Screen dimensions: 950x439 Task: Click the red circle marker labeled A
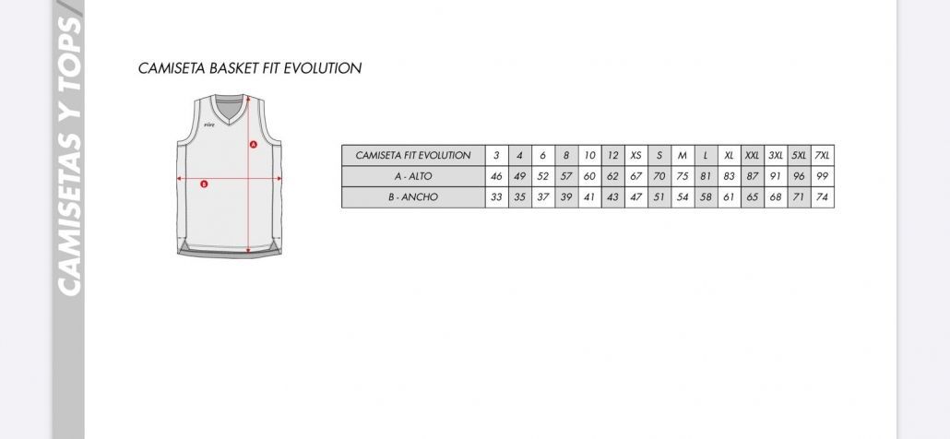pos(254,144)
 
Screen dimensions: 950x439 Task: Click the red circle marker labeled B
pos(204,184)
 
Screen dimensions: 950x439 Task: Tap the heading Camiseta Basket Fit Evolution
pos(250,68)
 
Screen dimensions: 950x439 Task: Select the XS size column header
pos(635,156)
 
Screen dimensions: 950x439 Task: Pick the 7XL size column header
pos(822,156)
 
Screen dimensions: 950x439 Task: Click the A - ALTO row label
pos(413,176)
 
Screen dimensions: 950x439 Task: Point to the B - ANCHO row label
pos(413,197)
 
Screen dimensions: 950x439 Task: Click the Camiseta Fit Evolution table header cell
pos(413,156)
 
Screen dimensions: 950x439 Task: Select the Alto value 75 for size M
pos(683,176)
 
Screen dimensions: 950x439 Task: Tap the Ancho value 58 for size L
pos(706,197)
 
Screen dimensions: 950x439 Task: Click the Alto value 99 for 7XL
pos(822,176)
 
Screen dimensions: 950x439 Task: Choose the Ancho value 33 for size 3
pos(496,197)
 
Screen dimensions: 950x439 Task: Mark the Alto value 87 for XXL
pos(752,176)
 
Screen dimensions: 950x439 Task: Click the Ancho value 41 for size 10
pos(589,197)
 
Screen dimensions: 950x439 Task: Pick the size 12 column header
pos(612,156)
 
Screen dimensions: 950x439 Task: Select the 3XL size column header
pos(776,156)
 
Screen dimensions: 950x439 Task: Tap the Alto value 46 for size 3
pos(496,176)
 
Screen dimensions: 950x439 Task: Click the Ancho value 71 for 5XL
pos(799,197)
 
